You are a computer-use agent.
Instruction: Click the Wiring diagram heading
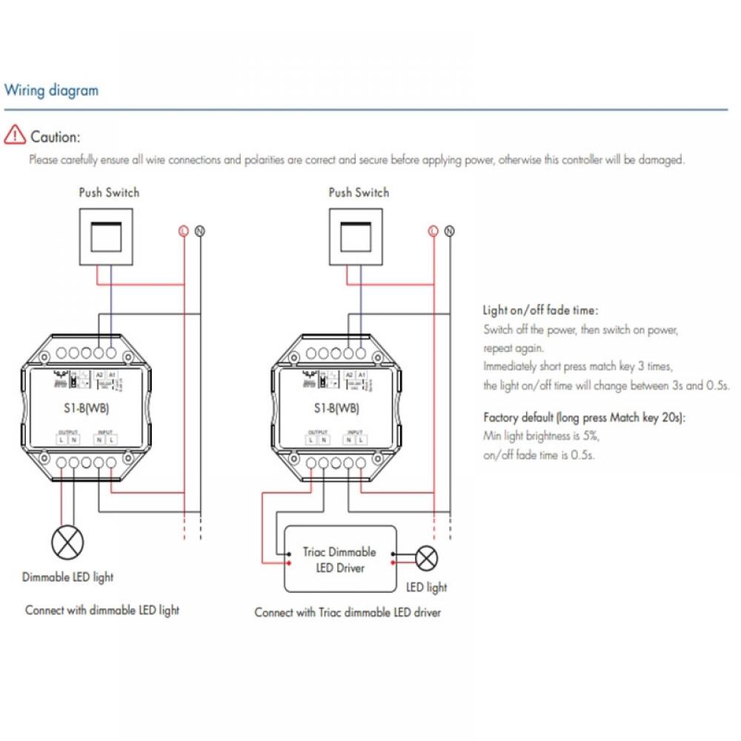coord(51,91)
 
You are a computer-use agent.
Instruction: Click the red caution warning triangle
coord(14,136)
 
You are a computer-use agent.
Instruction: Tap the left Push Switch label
coord(109,193)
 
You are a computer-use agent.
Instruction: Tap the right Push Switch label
coord(359,193)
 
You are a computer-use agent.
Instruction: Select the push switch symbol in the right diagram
coord(359,237)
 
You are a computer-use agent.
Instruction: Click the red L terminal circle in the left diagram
coord(183,231)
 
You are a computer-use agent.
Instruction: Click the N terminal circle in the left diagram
coord(199,231)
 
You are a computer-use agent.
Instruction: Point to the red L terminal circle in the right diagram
coord(433,231)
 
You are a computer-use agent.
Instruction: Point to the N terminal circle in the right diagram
coord(449,231)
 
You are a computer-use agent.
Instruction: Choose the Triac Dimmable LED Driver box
coord(340,559)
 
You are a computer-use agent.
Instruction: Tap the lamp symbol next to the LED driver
coord(427,558)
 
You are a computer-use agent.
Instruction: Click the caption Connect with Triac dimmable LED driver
coord(347,612)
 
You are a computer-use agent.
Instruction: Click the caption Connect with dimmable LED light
coord(102,610)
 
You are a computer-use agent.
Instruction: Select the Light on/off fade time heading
coord(540,310)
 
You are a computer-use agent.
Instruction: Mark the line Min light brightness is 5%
coord(541,436)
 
